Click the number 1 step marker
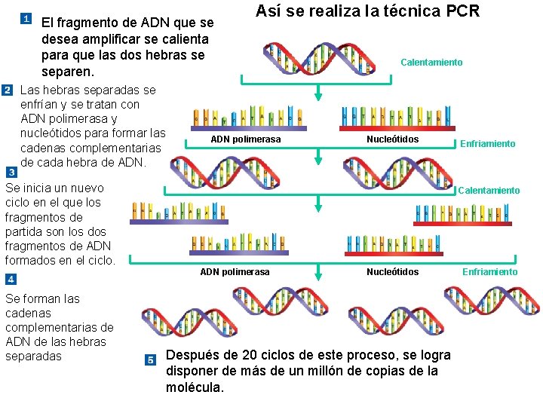pos(26,18)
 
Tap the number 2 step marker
pos(8,90)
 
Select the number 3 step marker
pos(11,172)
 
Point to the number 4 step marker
pos(11,279)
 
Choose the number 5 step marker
pos(150,359)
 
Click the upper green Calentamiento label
pos(431,63)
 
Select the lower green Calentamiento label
pos(489,191)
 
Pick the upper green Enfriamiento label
pos(488,144)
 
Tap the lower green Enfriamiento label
pos(490,272)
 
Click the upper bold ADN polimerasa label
pos(245,139)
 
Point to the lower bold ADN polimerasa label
pos(235,272)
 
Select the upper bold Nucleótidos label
pos(392,139)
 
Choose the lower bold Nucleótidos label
pos(392,272)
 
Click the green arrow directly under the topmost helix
pos(318,93)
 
